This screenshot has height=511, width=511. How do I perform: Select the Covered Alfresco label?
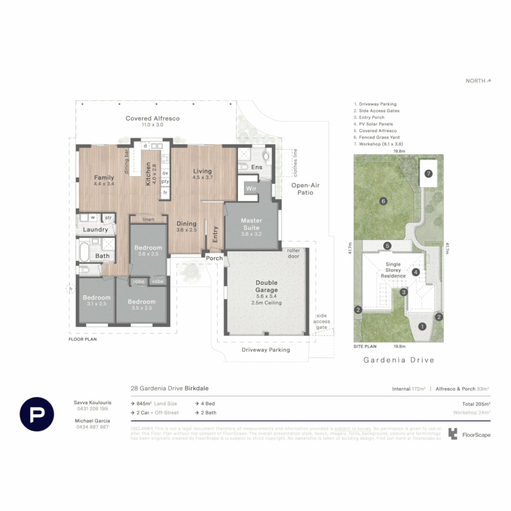tap(152, 118)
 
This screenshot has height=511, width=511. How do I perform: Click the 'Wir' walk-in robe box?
tap(250, 189)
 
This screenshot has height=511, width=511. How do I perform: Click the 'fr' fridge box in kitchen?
tap(165, 193)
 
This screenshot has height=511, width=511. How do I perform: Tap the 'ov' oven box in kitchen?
tap(165, 173)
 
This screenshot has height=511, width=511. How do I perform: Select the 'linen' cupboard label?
tap(148, 219)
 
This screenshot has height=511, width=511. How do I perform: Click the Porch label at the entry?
tap(214, 258)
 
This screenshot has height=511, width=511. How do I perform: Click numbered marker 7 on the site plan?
tap(428, 174)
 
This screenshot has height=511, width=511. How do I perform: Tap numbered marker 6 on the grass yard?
tap(384, 201)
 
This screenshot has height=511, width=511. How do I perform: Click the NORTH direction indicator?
tap(478, 81)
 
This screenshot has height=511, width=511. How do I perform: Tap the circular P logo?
tap(36, 414)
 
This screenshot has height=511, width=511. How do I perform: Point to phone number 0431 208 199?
tap(92, 408)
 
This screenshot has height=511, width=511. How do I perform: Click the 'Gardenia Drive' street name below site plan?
tap(398, 360)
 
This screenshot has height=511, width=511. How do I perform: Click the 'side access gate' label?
tap(322, 321)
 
